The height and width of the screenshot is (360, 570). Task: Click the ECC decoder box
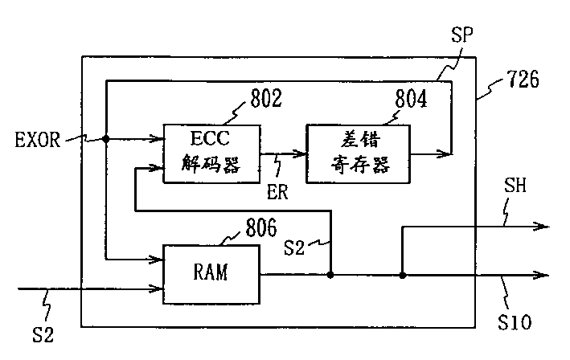211,153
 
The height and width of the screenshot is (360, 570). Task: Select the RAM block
211,274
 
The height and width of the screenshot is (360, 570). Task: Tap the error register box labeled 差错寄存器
359,153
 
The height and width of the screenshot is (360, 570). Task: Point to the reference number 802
266,98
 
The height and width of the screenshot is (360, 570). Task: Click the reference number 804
411,99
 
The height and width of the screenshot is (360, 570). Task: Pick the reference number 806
261,227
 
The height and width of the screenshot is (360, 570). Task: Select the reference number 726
523,79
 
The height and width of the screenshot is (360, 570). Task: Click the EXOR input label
38,140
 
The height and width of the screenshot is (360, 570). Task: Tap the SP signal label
462,35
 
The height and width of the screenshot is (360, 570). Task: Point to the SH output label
515,186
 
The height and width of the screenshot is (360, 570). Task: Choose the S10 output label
515,322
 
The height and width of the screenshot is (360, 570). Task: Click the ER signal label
277,192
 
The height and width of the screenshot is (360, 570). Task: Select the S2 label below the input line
43,334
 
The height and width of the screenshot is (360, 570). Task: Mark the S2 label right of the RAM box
293,247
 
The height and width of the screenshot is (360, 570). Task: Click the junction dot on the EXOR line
106,139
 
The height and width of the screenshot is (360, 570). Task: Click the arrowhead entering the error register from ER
300,153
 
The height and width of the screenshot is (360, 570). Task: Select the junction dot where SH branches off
403,276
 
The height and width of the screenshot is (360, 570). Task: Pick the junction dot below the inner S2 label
330,275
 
